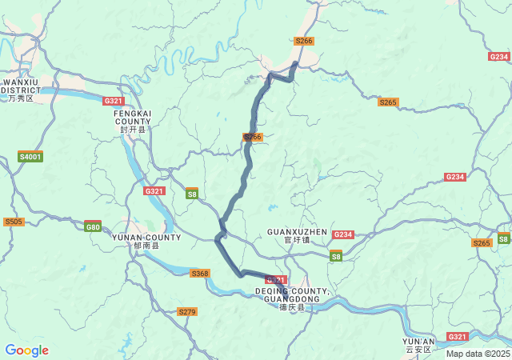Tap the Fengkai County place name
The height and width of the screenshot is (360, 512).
pos(133,121)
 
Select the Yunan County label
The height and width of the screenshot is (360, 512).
pos(146,242)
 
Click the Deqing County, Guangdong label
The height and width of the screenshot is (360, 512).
pos(292,298)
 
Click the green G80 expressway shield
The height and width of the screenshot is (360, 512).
pos(93,226)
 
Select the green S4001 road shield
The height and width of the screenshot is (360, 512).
pos(30,157)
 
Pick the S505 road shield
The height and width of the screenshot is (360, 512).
pos(14,222)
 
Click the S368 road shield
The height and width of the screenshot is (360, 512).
pos(200,274)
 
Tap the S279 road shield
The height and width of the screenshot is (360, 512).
pos(187,311)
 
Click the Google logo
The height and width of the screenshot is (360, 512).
pos(26,350)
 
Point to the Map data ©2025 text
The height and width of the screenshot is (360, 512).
pos(478,354)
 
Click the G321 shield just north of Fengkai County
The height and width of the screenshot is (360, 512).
pos(114,101)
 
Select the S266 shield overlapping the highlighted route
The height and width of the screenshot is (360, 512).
pos(253,137)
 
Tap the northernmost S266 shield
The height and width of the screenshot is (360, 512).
pos(304,41)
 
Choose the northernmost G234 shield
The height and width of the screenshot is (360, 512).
pos(499,57)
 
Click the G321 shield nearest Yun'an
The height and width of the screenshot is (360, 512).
pos(458,337)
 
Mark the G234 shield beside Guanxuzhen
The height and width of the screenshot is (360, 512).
pos(342,234)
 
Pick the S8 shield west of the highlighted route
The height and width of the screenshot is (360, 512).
pos(192,194)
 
